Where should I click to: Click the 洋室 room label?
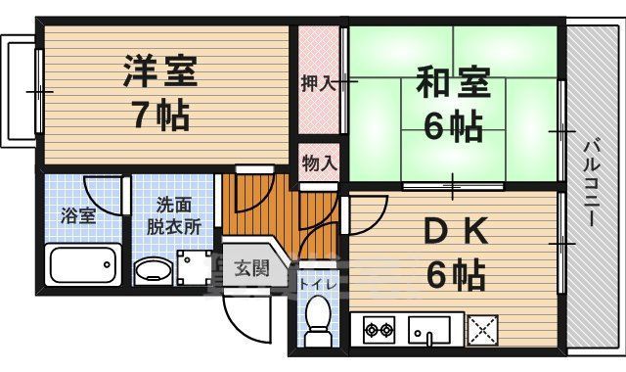[x=161, y=71]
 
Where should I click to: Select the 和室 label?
[x=454, y=81]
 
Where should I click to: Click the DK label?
[x=454, y=234]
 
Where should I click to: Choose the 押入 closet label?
[x=318, y=83]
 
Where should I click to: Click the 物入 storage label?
[x=318, y=161]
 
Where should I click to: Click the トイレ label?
[x=317, y=284]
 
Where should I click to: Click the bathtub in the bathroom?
[x=82, y=265]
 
